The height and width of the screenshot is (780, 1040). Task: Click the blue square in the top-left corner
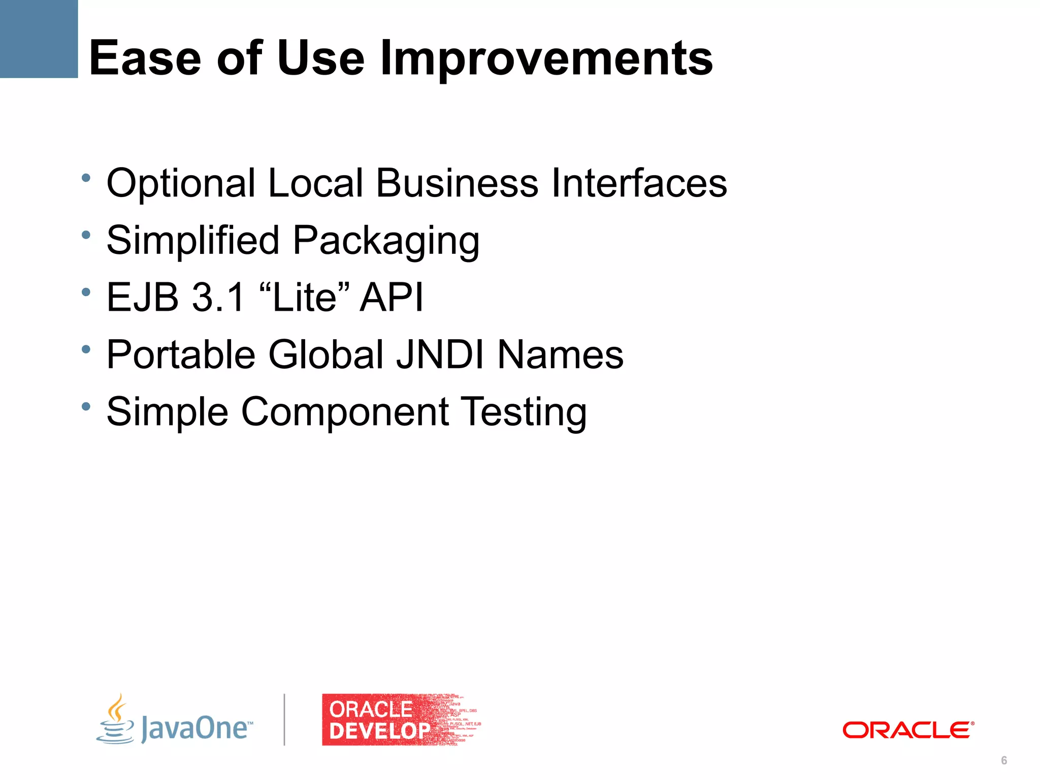click(x=39, y=39)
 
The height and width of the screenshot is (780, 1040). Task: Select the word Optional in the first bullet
click(x=181, y=184)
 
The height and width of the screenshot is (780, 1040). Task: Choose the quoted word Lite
click(x=305, y=297)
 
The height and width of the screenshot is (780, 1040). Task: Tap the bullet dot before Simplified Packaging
click(x=86, y=235)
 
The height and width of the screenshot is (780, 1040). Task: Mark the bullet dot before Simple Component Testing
click(x=86, y=406)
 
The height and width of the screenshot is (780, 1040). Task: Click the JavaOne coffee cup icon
click(x=116, y=720)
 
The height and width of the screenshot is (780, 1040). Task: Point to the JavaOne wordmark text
click(x=196, y=728)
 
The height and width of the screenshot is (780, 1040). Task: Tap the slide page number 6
click(x=1004, y=760)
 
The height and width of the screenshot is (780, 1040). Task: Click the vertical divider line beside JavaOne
click(x=284, y=720)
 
